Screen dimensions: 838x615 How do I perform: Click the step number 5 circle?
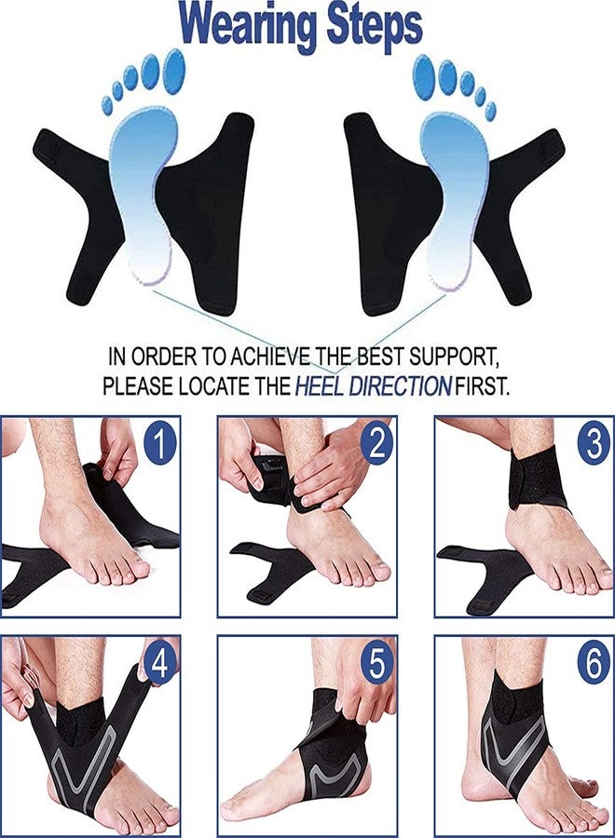click(376, 665)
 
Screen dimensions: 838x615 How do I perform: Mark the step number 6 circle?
click(593, 665)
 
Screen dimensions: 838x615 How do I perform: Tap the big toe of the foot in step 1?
click(135, 567)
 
